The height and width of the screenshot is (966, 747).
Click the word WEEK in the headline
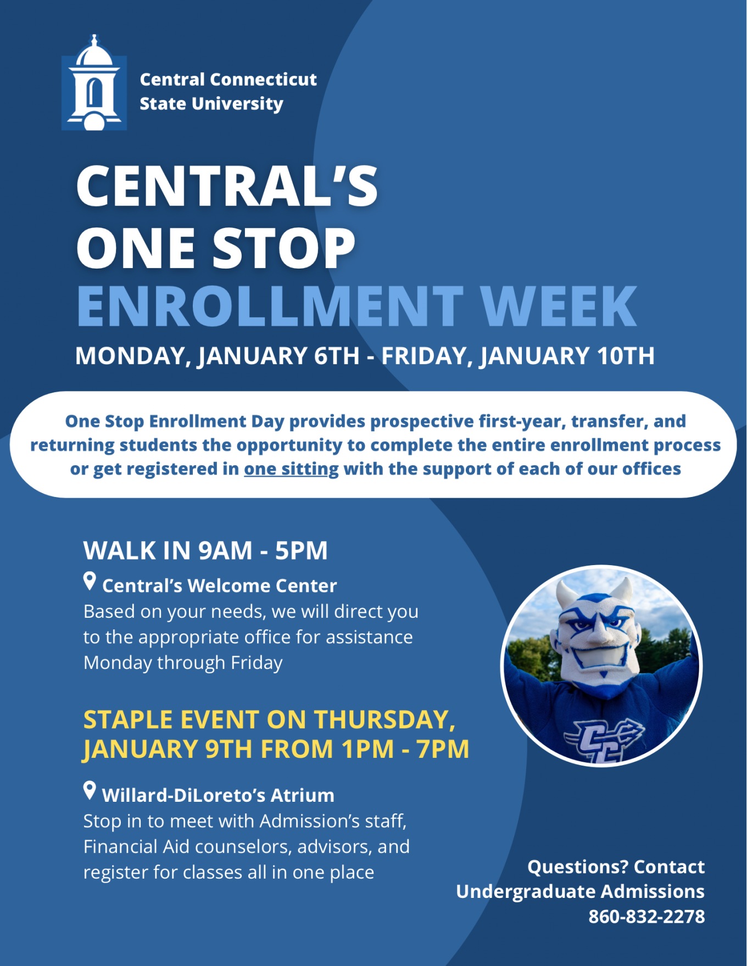pyautogui.click(x=559, y=306)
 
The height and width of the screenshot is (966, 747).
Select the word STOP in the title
pyautogui.click(x=284, y=248)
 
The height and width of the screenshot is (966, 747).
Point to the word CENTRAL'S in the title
pyautogui.click(x=227, y=186)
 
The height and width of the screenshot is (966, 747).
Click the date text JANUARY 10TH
pyautogui.click(x=567, y=356)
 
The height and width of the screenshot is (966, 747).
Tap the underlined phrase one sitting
pyautogui.click(x=291, y=469)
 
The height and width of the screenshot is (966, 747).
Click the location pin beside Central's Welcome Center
pyautogui.click(x=90, y=581)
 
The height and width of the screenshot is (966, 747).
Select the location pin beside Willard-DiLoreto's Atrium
pyautogui.click(x=90, y=791)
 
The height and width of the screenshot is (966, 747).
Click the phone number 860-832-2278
pyautogui.click(x=646, y=917)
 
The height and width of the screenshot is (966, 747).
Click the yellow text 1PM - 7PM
pyautogui.click(x=405, y=749)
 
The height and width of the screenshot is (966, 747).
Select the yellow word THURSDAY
pyautogui.click(x=384, y=720)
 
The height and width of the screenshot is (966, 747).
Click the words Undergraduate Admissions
pyautogui.click(x=580, y=892)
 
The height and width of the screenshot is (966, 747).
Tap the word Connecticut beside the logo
pyautogui.click(x=263, y=80)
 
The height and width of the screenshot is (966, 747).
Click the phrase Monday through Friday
pyautogui.click(x=183, y=663)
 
